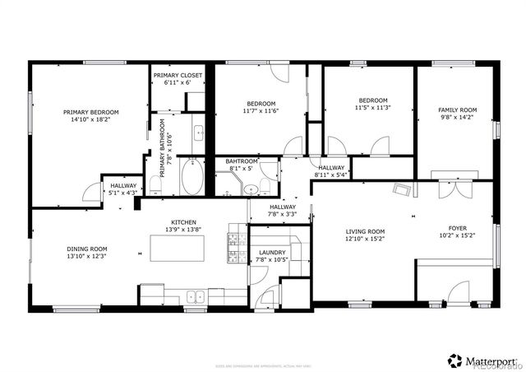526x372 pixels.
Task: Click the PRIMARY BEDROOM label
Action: [91, 113]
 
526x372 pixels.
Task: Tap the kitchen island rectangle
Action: [176, 247]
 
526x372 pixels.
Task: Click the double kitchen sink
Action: [196, 297]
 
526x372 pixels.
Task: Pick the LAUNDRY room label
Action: [271, 253]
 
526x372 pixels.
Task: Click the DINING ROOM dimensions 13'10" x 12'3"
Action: [87, 256]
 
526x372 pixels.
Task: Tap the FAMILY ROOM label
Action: [457, 109]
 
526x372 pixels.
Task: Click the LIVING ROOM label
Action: [364, 232]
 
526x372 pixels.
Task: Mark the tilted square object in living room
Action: [402, 192]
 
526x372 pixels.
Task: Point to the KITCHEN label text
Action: [182, 223]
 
